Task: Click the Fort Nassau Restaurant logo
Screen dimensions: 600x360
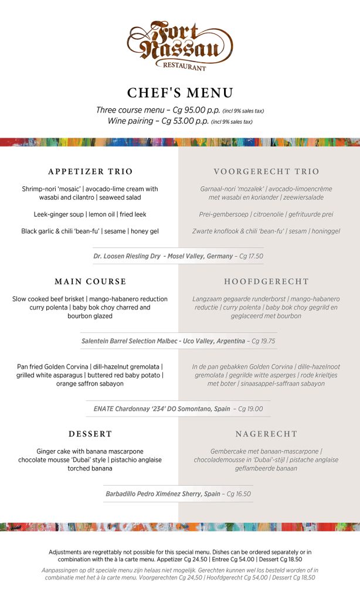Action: pos(179,45)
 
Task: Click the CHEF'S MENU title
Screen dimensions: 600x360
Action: pos(180,93)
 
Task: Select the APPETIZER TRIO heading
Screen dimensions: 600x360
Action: pos(90,172)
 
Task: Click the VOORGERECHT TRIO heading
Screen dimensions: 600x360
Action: pos(266,172)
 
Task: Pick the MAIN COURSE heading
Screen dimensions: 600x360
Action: pos(90,282)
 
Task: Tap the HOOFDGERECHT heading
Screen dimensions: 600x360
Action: pos(266,282)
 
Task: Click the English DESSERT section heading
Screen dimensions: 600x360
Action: pos(90,434)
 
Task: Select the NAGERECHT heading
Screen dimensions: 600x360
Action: pos(266,434)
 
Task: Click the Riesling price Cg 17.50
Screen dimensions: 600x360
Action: pos(250,256)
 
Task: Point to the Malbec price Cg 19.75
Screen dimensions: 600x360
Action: pos(262,341)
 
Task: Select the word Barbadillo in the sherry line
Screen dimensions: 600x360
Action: pos(123,494)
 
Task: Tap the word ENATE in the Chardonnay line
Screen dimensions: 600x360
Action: pos(104,409)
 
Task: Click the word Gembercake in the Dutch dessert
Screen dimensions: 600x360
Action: pos(230,452)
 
